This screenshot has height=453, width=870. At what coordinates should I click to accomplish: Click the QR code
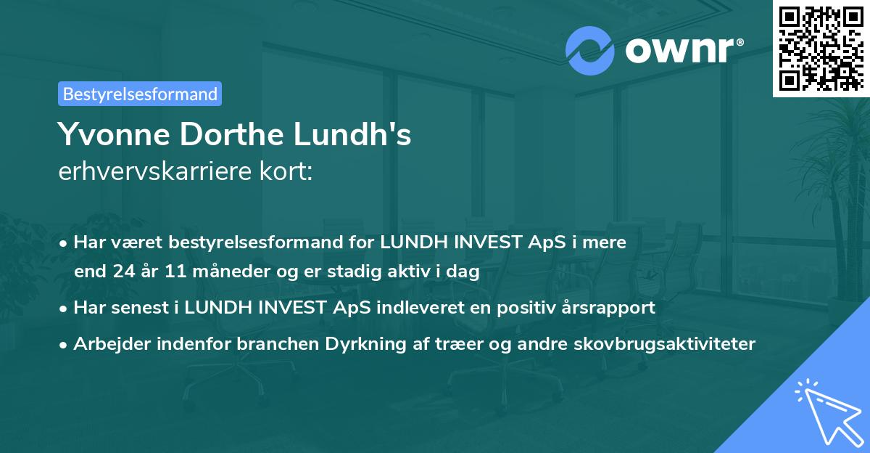pyautogui.click(x=821, y=48)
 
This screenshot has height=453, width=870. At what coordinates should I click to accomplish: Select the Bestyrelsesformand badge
pyautogui.click(x=140, y=94)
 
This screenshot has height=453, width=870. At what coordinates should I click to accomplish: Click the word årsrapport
pyautogui.click(x=610, y=307)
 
